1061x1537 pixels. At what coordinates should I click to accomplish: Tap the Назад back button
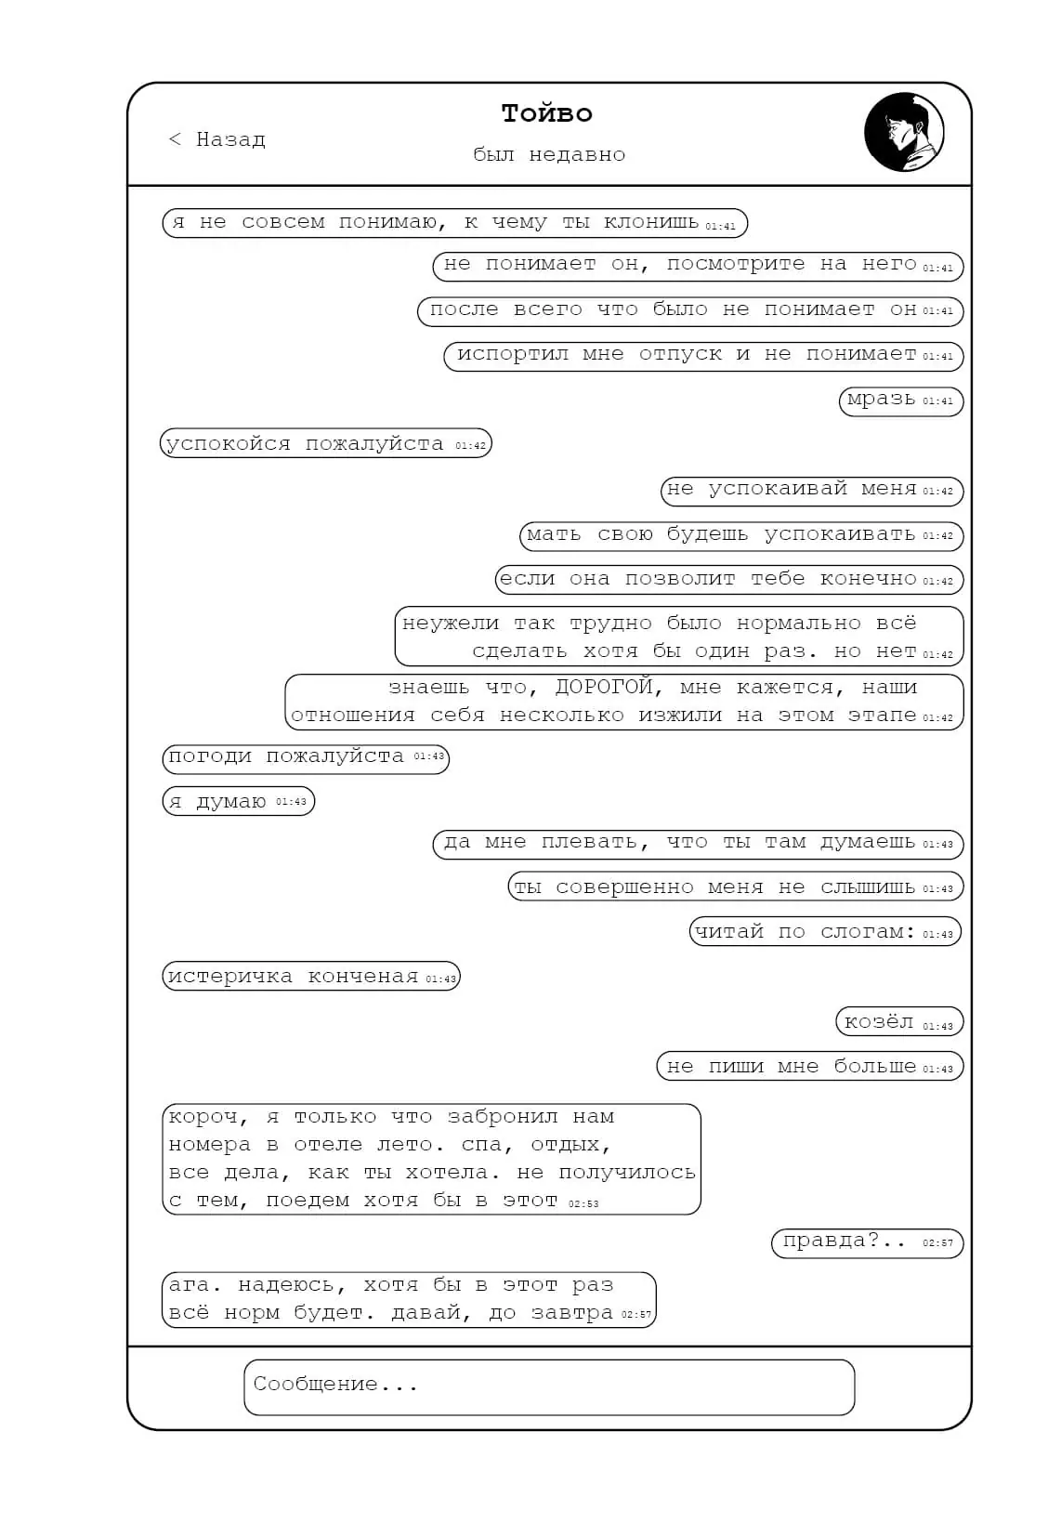216,139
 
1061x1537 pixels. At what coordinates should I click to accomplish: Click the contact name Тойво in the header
546,113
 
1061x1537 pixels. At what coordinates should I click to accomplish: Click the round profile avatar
903,132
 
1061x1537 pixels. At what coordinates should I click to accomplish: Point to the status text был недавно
549,154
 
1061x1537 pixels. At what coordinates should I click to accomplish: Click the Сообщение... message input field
549,1386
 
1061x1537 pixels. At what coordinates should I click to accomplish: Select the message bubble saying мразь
900,401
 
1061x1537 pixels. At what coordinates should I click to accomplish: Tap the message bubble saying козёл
899,1021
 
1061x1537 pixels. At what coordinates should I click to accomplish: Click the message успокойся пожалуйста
326,443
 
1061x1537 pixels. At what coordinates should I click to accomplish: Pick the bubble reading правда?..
867,1242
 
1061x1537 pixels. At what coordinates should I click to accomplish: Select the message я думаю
238,801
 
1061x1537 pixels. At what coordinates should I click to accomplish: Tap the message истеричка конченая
310,977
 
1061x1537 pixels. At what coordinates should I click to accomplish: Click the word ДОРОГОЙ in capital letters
604,687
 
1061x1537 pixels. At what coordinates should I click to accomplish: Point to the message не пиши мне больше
809,1066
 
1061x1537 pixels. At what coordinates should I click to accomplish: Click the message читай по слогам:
825,931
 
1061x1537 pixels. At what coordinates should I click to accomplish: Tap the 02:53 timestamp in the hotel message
583,1203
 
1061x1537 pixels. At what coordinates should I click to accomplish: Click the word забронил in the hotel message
503,1117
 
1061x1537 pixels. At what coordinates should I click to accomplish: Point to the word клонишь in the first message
650,222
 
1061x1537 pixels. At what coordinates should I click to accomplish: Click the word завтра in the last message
571,1313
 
